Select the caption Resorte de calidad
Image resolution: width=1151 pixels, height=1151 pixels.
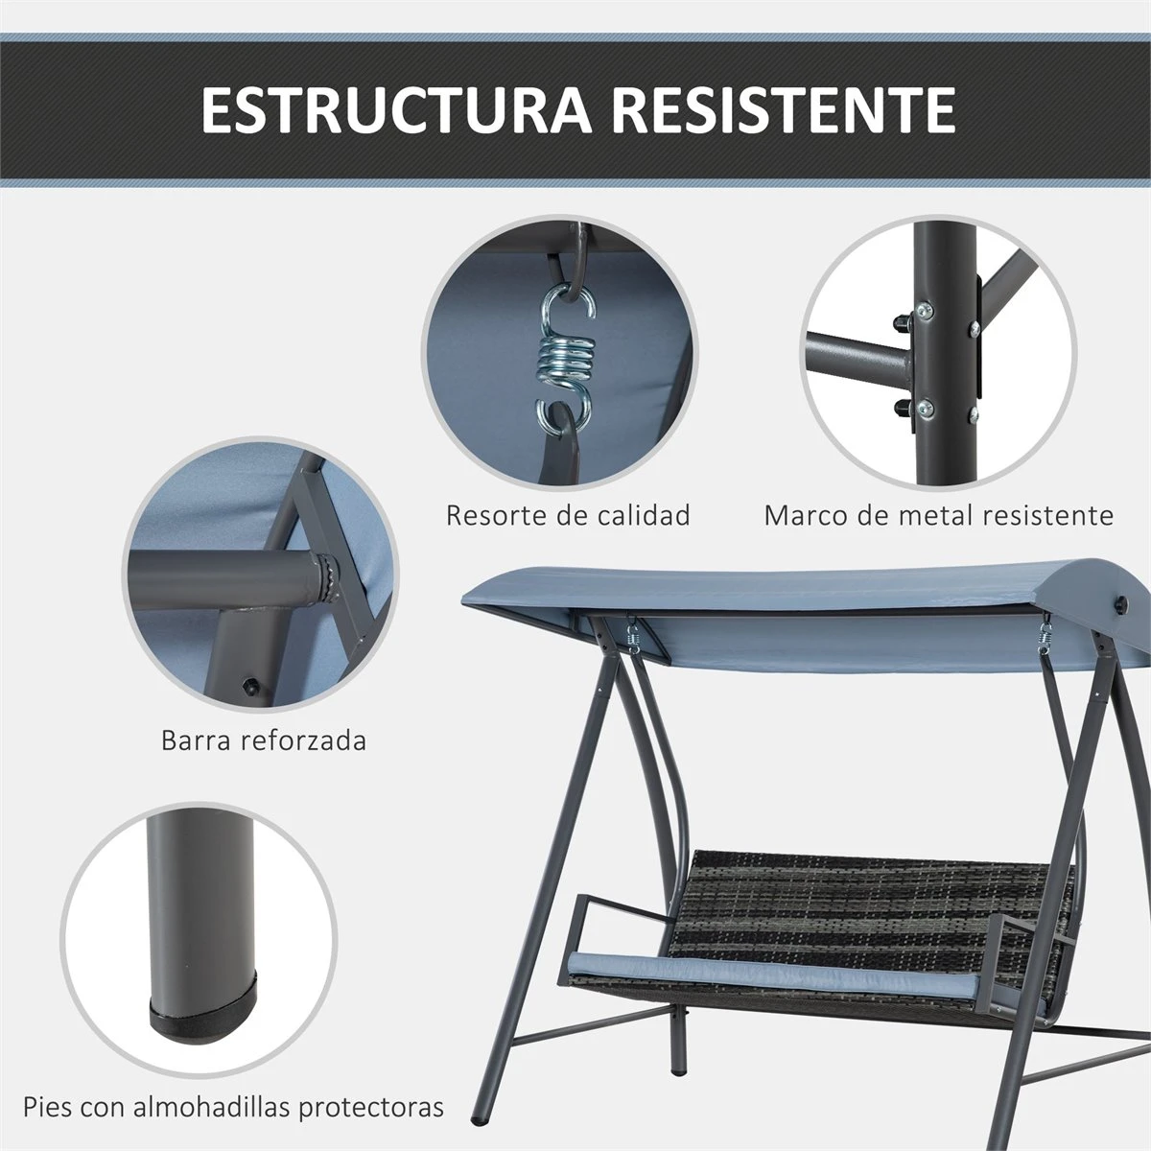point(568,515)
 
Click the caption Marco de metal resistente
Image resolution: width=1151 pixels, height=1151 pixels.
point(938,515)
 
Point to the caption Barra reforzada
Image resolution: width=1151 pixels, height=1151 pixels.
point(264,740)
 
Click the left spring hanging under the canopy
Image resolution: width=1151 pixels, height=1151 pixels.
point(632,635)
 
